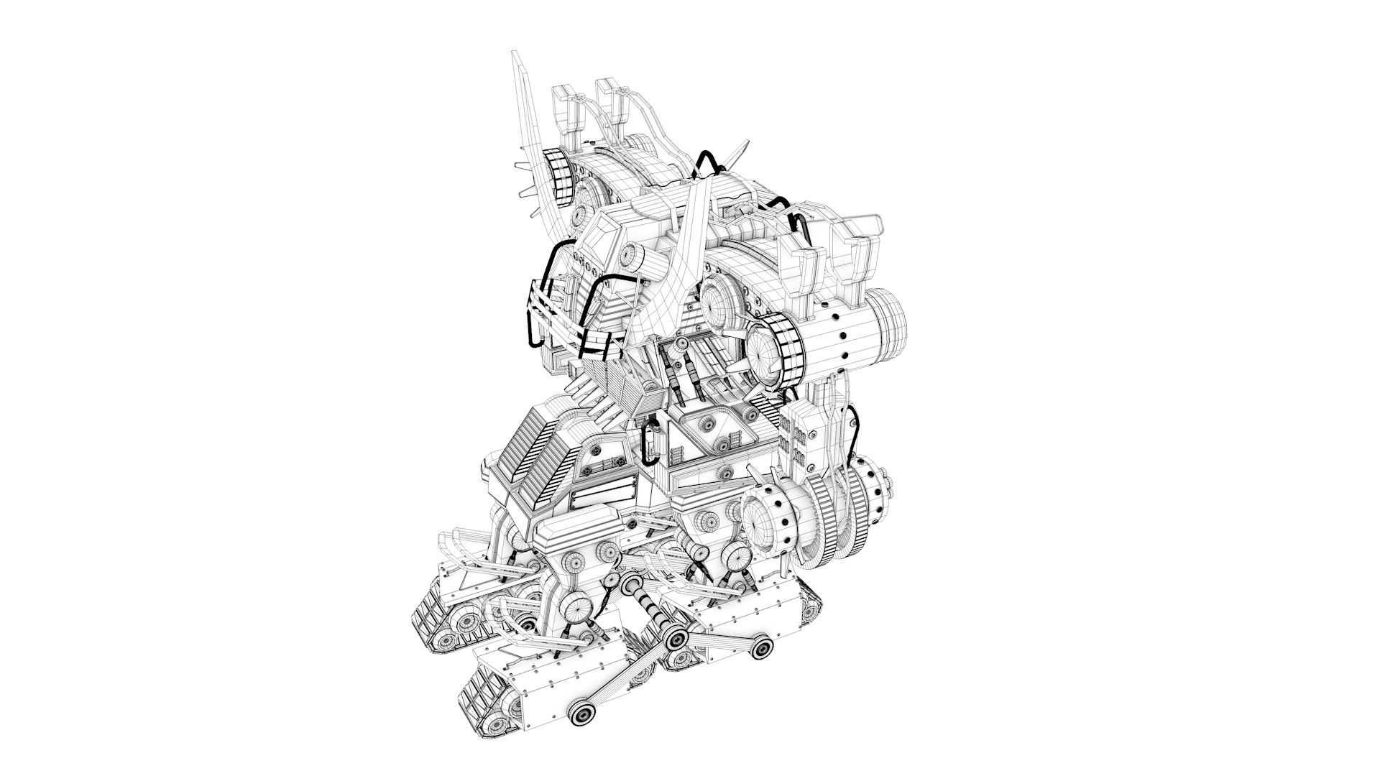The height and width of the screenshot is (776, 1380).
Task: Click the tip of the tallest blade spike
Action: tap(515, 54)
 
